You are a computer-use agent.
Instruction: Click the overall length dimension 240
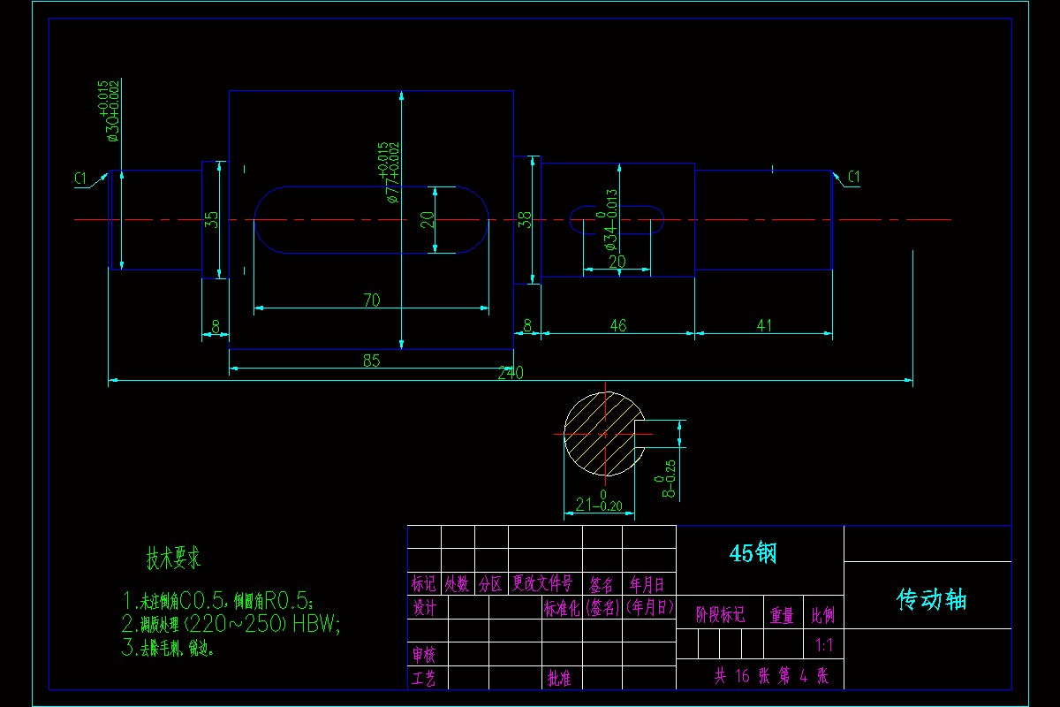point(511,373)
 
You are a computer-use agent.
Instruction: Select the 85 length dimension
point(371,361)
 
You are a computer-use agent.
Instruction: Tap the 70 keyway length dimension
point(371,300)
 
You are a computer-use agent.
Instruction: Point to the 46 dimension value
point(617,326)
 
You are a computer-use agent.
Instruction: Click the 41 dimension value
point(764,326)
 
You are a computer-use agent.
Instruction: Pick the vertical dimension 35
point(211,219)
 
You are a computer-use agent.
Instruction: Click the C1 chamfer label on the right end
point(853,178)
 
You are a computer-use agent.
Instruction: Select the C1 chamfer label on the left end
point(81,179)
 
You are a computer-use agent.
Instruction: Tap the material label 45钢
point(753,553)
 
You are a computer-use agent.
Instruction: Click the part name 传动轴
point(932,600)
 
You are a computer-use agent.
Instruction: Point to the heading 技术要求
point(174,559)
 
